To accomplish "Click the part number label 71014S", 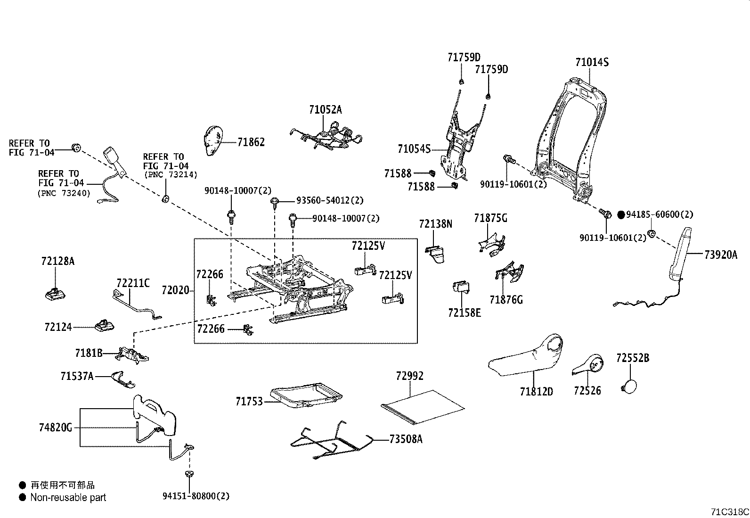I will [x=592, y=62].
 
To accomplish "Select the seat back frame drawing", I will [x=570, y=141].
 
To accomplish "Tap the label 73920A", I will [x=720, y=255].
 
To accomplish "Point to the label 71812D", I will [x=536, y=391].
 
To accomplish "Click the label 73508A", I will [x=406, y=439].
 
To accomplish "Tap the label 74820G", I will [x=56, y=428].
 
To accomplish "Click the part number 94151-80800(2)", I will [x=196, y=496].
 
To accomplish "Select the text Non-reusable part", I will [x=68, y=497].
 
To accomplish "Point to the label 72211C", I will [x=133, y=283].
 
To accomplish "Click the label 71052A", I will [x=326, y=110].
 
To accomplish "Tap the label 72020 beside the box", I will [x=175, y=290].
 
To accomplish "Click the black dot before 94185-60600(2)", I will [x=620, y=214].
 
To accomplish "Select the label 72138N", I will [x=435, y=224].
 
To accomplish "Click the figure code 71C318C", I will [x=730, y=512].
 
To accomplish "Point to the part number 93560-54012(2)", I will [x=330, y=200].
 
